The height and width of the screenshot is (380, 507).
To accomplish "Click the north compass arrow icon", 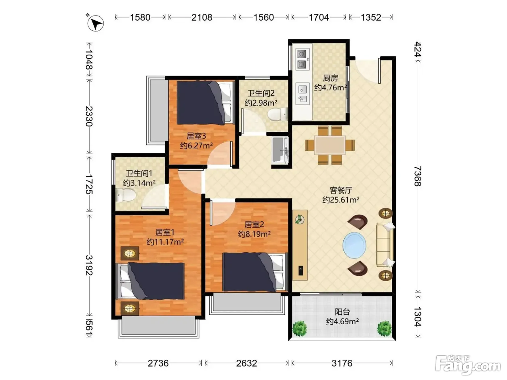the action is click(x=95, y=23).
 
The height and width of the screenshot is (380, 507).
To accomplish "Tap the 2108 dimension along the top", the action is click(x=202, y=17).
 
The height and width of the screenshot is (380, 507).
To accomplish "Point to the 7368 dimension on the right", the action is click(x=418, y=176).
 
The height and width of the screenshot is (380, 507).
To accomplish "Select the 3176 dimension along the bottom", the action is click(x=342, y=363).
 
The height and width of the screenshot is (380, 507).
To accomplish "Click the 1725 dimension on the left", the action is click(x=89, y=184).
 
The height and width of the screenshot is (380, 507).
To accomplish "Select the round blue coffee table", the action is click(x=354, y=245).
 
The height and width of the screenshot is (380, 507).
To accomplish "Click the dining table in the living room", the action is click(x=330, y=145).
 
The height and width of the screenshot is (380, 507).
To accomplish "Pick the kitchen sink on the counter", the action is click(x=302, y=94).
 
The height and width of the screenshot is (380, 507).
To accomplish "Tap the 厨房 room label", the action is click(x=330, y=78).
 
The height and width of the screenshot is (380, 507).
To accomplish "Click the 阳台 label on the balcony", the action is click(x=342, y=312).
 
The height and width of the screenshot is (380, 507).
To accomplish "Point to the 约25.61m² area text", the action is click(x=341, y=199).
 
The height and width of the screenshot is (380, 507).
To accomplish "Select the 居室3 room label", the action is click(x=196, y=136).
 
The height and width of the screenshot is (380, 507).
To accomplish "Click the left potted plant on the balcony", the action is click(x=300, y=329).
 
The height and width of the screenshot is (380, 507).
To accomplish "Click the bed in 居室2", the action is click(x=255, y=272).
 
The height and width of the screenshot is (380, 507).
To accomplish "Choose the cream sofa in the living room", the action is click(x=385, y=245).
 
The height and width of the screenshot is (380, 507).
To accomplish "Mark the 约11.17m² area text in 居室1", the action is click(x=165, y=242).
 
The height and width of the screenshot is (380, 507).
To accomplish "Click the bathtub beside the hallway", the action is click(x=280, y=150).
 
